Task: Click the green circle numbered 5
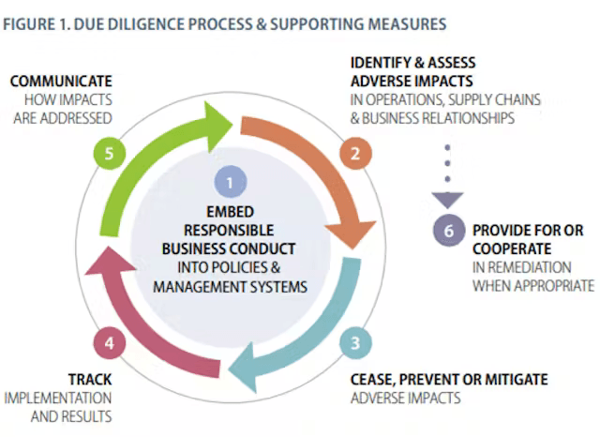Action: click(109, 154)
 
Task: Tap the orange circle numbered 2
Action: click(354, 154)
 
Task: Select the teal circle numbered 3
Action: click(354, 342)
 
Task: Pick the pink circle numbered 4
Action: click(109, 342)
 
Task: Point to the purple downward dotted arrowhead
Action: click(448, 198)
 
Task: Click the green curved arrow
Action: click(159, 155)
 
